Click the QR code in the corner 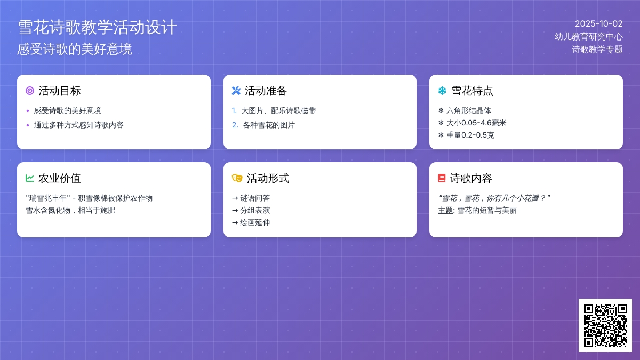pos(605,325)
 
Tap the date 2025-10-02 pos(598,23)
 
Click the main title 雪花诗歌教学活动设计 pos(97,27)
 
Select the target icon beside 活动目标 pos(30,91)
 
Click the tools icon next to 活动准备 pos(236,91)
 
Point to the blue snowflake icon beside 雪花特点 pos(442,91)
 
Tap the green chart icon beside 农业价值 pos(30,178)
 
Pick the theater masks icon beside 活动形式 pos(237,178)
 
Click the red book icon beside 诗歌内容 pos(442,178)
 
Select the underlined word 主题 pos(445,211)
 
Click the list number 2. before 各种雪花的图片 pos(235,125)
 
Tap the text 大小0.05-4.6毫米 pos(476,123)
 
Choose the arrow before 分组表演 pos(235,211)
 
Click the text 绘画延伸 pos(255,222)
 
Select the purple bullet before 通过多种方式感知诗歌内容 pos(28,125)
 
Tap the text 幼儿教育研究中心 pos(589,37)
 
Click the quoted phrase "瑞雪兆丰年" pos(48,198)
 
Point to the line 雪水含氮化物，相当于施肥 pos(70,211)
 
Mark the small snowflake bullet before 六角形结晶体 pos(441,110)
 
